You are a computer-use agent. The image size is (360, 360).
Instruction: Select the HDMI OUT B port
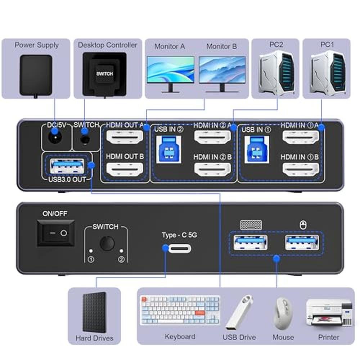coord(125,168)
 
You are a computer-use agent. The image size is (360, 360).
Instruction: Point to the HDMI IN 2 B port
coord(212,168)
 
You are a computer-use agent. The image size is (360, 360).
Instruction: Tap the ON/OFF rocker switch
coord(56,233)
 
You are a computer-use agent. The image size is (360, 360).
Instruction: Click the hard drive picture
coord(94,312)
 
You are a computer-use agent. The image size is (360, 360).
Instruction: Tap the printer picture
coord(328,312)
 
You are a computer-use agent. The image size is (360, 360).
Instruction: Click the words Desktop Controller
coord(107,45)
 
